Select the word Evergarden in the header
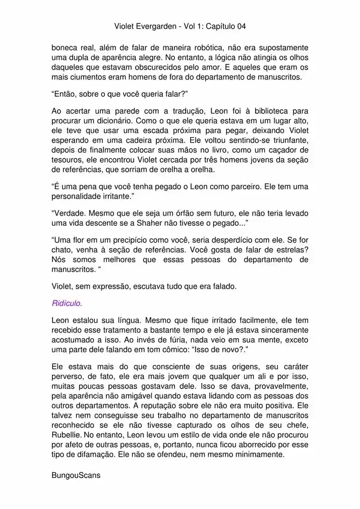click(x=156, y=25)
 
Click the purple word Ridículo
click(x=67, y=303)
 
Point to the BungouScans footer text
click(x=76, y=475)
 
